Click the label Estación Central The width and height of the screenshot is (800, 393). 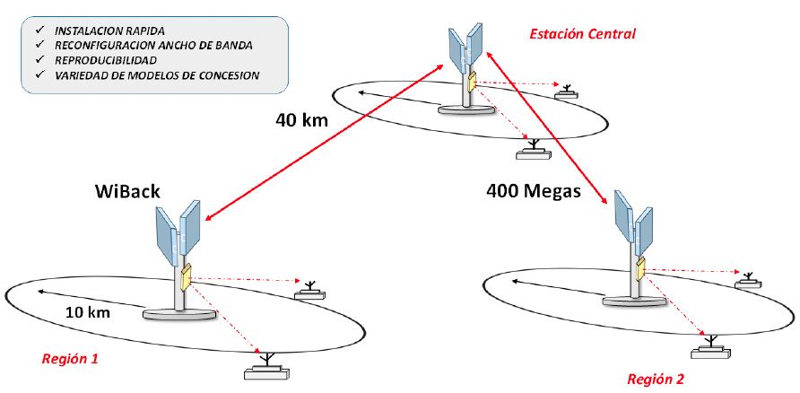coord(582,34)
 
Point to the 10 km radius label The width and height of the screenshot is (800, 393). coord(88,313)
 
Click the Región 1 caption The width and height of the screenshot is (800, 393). coord(70,359)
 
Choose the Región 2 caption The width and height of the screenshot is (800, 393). coord(656,378)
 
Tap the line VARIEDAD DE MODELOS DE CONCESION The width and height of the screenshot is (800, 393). coord(157,75)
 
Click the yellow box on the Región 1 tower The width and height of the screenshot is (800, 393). coord(186,278)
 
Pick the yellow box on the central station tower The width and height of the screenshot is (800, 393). coord(470,83)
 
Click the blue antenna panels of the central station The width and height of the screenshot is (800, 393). coord(465,50)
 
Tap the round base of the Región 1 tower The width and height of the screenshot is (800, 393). coord(180,313)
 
